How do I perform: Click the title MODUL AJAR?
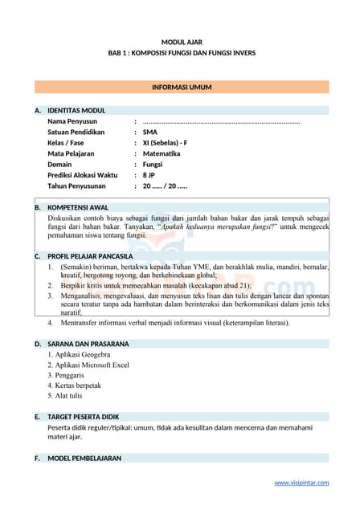pos(182,41)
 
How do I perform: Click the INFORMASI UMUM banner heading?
pos(182,87)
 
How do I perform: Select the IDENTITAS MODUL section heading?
pos(76,110)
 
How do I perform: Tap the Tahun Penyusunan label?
pos(78,186)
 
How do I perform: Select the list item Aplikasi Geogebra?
pos(79,354)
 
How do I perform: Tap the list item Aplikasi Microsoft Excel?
pos(88,365)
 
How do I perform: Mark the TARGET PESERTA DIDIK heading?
pos(87,418)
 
